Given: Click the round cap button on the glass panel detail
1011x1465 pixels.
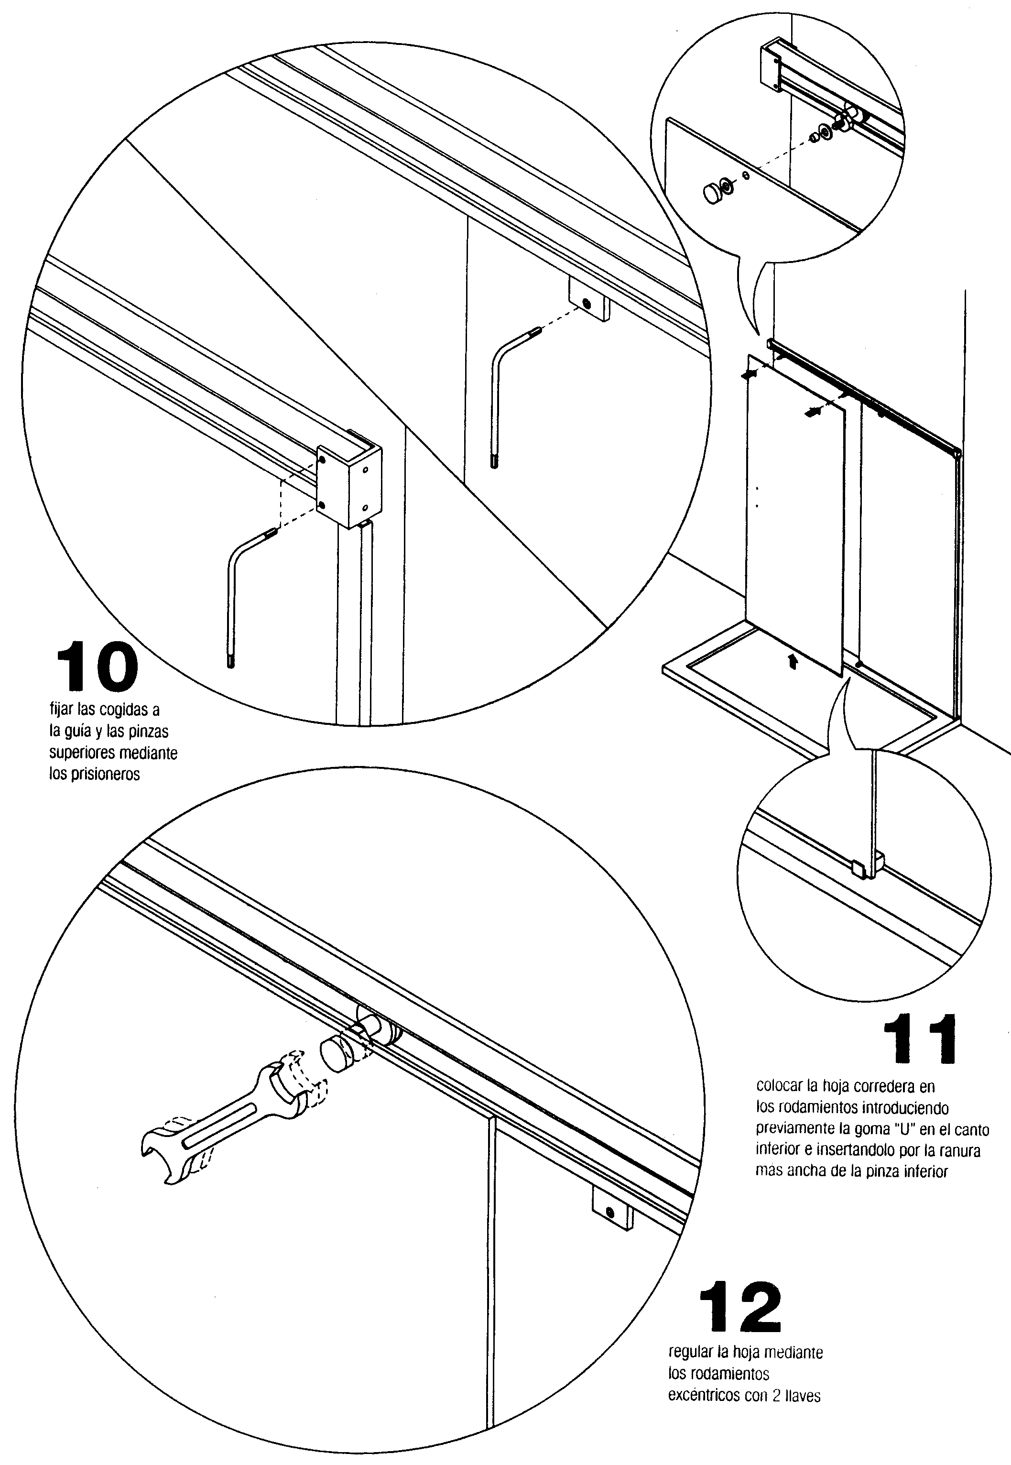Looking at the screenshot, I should coord(714,193).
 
